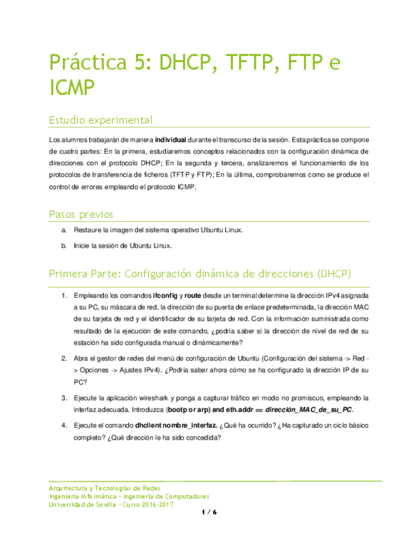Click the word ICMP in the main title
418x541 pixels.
[x=71, y=87]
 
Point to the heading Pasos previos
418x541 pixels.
[x=81, y=214]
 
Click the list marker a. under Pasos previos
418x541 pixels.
[x=64, y=230]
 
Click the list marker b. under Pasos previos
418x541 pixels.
[x=64, y=246]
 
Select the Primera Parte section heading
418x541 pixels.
[x=200, y=274]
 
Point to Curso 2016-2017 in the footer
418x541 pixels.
[x=146, y=504]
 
